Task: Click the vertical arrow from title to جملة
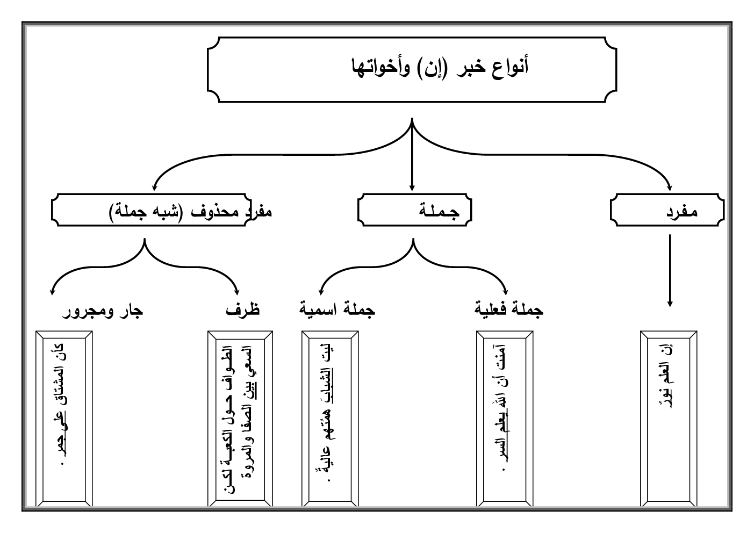[x=412, y=156]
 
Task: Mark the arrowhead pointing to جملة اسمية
[x=321, y=290]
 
